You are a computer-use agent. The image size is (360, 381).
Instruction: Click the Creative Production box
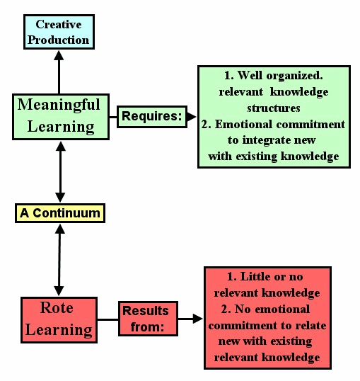coord(59,32)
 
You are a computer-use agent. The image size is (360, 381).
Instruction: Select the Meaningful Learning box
coord(61,117)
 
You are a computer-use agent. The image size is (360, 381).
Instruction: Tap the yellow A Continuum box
coord(60,213)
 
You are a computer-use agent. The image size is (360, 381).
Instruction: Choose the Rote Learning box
coord(59,320)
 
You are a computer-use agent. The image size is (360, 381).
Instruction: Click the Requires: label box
coord(152,117)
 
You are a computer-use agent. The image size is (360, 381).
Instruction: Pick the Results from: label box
coord(148,319)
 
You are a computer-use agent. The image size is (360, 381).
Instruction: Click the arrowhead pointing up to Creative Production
coord(59,55)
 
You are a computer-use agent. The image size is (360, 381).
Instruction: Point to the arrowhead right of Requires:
coord(191,117)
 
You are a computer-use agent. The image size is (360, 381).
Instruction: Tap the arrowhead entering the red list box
coord(197,319)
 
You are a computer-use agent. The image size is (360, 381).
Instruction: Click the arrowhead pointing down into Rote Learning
coord(59,291)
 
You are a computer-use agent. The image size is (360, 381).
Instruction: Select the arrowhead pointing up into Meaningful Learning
coord(60,146)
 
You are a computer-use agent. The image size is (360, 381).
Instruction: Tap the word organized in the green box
coord(294,76)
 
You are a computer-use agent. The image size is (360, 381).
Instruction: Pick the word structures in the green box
coord(274,108)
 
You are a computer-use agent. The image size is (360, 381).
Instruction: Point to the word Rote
coord(57,308)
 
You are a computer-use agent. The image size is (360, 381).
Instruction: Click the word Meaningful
coord(59,105)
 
